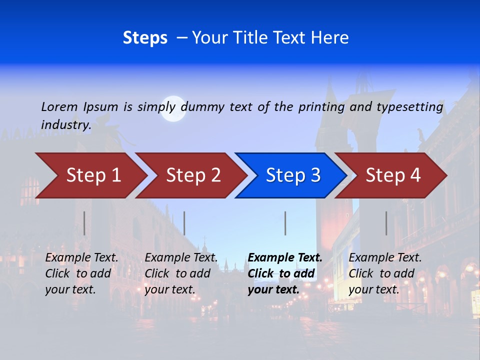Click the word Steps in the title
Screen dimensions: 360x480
(145, 38)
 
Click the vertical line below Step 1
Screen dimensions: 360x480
(84, 223)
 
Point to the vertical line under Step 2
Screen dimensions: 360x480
(184, 223)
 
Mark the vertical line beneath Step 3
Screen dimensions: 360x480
(285, 223)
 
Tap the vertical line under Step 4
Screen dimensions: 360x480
(386, 223)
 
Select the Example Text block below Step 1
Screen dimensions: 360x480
(81, 273)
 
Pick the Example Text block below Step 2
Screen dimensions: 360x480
(181, 273)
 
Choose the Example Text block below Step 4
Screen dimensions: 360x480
(385, 273)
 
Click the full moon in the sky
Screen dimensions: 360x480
(173, 109)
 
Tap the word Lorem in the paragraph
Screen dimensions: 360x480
(59, 106)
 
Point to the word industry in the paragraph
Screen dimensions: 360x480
(65, 125)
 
